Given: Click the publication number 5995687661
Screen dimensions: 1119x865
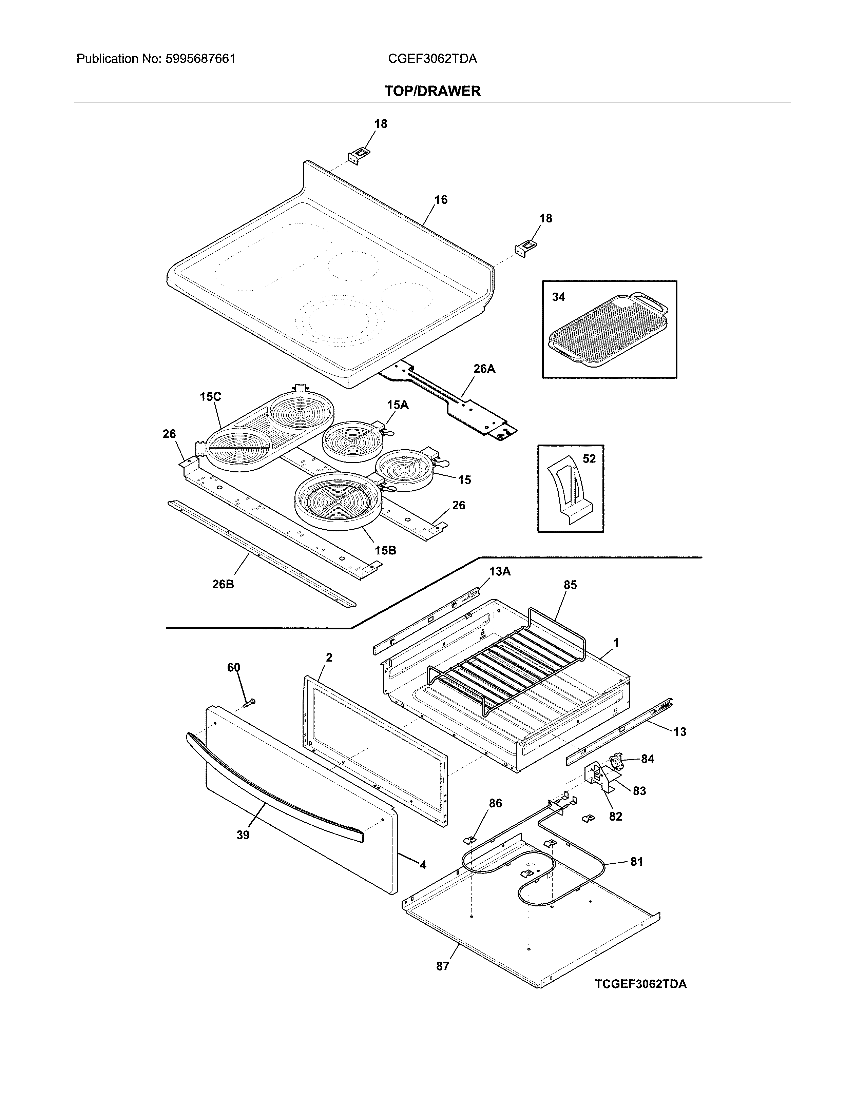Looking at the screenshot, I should point(200,59).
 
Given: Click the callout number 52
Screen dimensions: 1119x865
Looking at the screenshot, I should point(589,458).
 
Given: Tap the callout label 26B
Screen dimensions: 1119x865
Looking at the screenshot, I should point(223,584).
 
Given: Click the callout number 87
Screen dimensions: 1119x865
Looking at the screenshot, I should point(442,966).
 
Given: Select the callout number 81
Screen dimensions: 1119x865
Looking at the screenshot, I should point(636,862).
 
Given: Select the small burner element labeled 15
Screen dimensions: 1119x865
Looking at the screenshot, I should point(405,470).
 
